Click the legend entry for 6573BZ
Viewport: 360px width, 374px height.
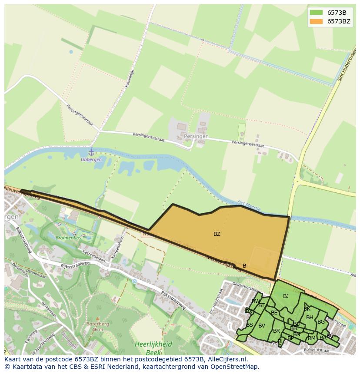[339, 21]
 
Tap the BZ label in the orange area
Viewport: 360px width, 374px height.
[217, 234]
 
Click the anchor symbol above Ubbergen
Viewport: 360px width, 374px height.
[91, 152]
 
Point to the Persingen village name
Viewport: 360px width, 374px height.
[196, 136]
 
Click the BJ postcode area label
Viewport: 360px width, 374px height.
[286, 296]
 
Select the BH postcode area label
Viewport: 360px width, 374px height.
[309, 318]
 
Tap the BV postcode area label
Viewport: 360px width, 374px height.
[261, 326]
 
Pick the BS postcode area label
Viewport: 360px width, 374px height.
[250, 325]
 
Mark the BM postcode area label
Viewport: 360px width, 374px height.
[311, 338]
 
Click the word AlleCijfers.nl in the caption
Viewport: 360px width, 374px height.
[227, 359]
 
